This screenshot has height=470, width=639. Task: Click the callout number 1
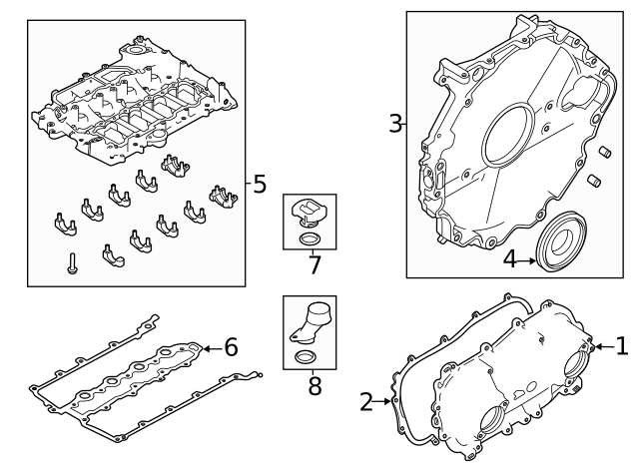coord(622,346)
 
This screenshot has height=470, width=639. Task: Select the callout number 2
coord(366,402)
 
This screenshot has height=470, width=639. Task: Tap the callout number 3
coord(395,125)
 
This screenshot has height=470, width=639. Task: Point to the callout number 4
coord(509,259)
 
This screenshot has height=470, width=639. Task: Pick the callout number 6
coord(231,347)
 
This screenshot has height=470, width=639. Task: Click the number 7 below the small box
coord(315,265)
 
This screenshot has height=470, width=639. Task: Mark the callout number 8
coord(315,385)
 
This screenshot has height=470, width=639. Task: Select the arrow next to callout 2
coord(384,402)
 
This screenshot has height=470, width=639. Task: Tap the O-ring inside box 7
coord(309,239)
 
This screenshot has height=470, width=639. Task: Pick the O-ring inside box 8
coord(309,357)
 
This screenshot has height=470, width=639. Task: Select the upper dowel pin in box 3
coord(603,152)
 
